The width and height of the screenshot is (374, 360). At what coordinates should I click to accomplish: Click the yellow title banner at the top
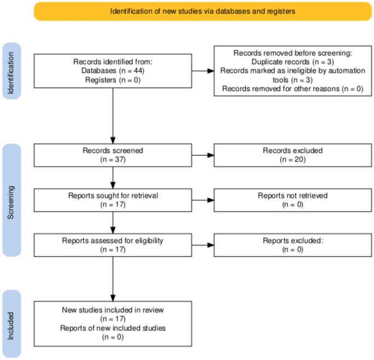tap(203, 11)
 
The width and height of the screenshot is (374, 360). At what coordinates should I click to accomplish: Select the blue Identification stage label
tap(13, 71)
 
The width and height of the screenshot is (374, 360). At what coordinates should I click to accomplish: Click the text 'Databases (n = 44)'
tap(112, 71)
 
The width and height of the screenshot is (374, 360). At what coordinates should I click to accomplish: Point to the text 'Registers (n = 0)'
tap(112, 80)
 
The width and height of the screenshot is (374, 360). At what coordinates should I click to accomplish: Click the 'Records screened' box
tap(112, 155)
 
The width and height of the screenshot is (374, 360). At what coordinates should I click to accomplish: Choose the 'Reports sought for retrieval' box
tap(112, 200)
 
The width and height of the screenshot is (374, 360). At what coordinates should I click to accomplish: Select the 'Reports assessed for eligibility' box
tap(112, 245)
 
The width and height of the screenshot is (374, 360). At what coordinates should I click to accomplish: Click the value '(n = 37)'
tap(112, 159)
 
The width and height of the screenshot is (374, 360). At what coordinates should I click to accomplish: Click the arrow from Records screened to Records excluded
tap(203, 155)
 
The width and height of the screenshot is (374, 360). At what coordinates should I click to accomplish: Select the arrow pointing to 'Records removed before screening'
tap(203, 71)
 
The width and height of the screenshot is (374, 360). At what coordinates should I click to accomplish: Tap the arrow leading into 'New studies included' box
tap(112, 278)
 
